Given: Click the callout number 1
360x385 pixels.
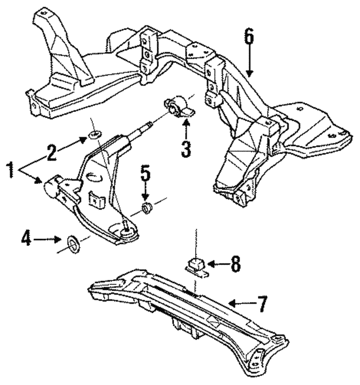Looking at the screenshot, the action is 11,170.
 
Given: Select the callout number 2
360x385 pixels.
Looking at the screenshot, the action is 52,153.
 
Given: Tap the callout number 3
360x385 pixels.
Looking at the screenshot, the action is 186,148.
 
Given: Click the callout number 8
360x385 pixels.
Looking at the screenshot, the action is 235,264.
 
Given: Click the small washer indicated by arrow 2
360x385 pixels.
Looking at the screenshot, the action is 95,134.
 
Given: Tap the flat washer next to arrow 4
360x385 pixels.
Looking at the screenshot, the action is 73,244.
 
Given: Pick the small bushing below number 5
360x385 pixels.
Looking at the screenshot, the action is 147,208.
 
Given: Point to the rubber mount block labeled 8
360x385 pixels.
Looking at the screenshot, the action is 197,266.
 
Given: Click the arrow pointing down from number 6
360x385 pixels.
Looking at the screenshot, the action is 249,60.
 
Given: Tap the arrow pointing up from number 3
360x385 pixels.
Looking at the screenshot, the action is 186,129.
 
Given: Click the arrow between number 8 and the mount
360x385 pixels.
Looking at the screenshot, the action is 219,264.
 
